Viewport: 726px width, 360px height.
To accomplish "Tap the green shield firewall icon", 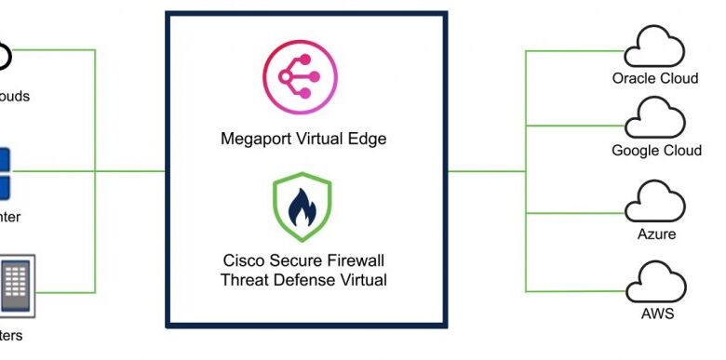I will click(302, 207).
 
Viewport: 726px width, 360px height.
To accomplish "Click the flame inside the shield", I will click(302, 208).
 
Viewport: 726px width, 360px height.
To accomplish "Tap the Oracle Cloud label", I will click(655, 78).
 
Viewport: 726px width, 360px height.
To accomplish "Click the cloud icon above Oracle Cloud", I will click(655, 46).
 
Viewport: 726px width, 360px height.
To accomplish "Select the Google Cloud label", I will click(656, 151).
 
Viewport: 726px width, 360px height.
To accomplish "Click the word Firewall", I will click(353, 261).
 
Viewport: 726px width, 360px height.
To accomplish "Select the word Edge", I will click(367, 140).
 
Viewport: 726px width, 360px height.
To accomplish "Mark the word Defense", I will click(301, 279).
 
